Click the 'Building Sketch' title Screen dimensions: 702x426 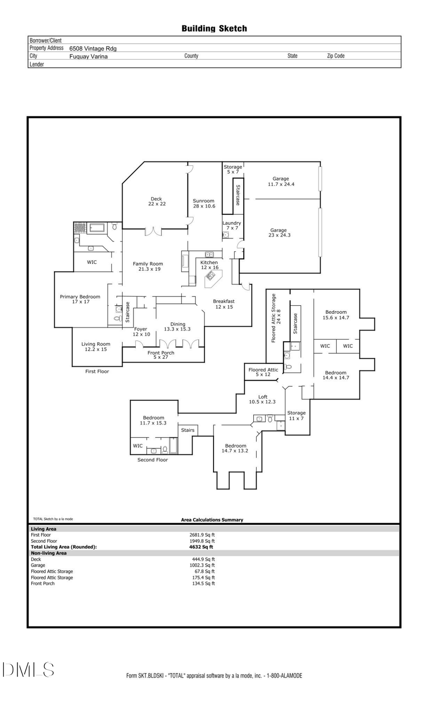pyautogui.click(x=214, y=28)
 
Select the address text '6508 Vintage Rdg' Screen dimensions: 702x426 pyautogui.click(x=93, y=48)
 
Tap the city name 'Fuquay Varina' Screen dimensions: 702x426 pyautogui.click(x=89, y=56)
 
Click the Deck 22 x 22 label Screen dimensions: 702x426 pyautogui.click(x=156, y=202)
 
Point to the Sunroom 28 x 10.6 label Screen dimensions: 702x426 pyautogui.click(x=204, y=204)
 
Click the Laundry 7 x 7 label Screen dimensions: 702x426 pyautogui.click(x=231, y=225)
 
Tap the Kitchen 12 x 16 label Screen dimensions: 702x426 pyautogui.click(x=209, y=265)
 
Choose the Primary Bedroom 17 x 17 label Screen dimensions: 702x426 pyautogui.click(x=80, y=299)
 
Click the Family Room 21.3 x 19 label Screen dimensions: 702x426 pyautogui.click(x=148, y=267)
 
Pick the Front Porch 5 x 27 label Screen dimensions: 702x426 pyautogui.click(x=161, y=355)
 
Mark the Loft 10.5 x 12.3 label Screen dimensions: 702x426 pyautogui.click(x=262, y=400)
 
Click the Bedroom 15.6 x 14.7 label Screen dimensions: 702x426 pyautogui.click(x=336, y=315)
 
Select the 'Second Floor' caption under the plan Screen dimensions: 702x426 pyautogui.click(x=152, y=460)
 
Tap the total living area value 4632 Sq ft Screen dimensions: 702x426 pyautogui.click(x=201, y=547)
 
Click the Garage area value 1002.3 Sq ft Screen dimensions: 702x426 pyautogui.click(x=202, y=565)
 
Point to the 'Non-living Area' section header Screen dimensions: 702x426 pyautogui.click(x=49, y=553)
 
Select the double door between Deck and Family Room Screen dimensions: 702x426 pyautogui.click(x=153, y=231)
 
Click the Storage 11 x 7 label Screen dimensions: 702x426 pyautogui.click(x=296, y=416)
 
